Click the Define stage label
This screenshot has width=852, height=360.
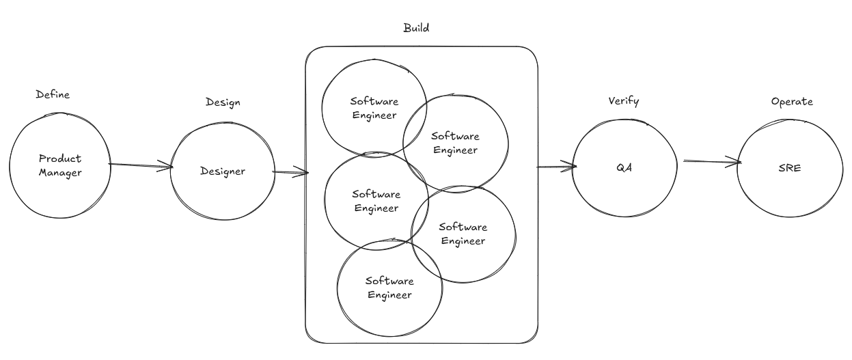point(53,95)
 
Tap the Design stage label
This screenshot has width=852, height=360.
point(223,102)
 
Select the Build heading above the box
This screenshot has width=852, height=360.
point(416,29)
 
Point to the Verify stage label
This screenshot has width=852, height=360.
point(623,101)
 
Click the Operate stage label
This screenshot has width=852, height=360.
point(792,101)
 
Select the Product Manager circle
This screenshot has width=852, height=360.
point(60,165)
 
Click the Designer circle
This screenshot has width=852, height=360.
point(222,171)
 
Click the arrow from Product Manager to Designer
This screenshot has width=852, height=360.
point(140,165)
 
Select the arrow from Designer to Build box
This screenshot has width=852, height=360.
point(290,173)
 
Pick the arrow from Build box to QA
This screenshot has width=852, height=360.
point(557,166)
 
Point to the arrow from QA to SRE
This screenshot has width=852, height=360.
point(711,162)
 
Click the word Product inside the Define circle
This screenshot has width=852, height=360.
point(60,158)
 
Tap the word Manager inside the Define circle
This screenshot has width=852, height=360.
point(60,173)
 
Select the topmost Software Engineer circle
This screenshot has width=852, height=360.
point(374,108)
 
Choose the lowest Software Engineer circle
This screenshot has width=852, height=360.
point(389,288)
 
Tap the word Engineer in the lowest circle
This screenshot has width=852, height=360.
point(389,295)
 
